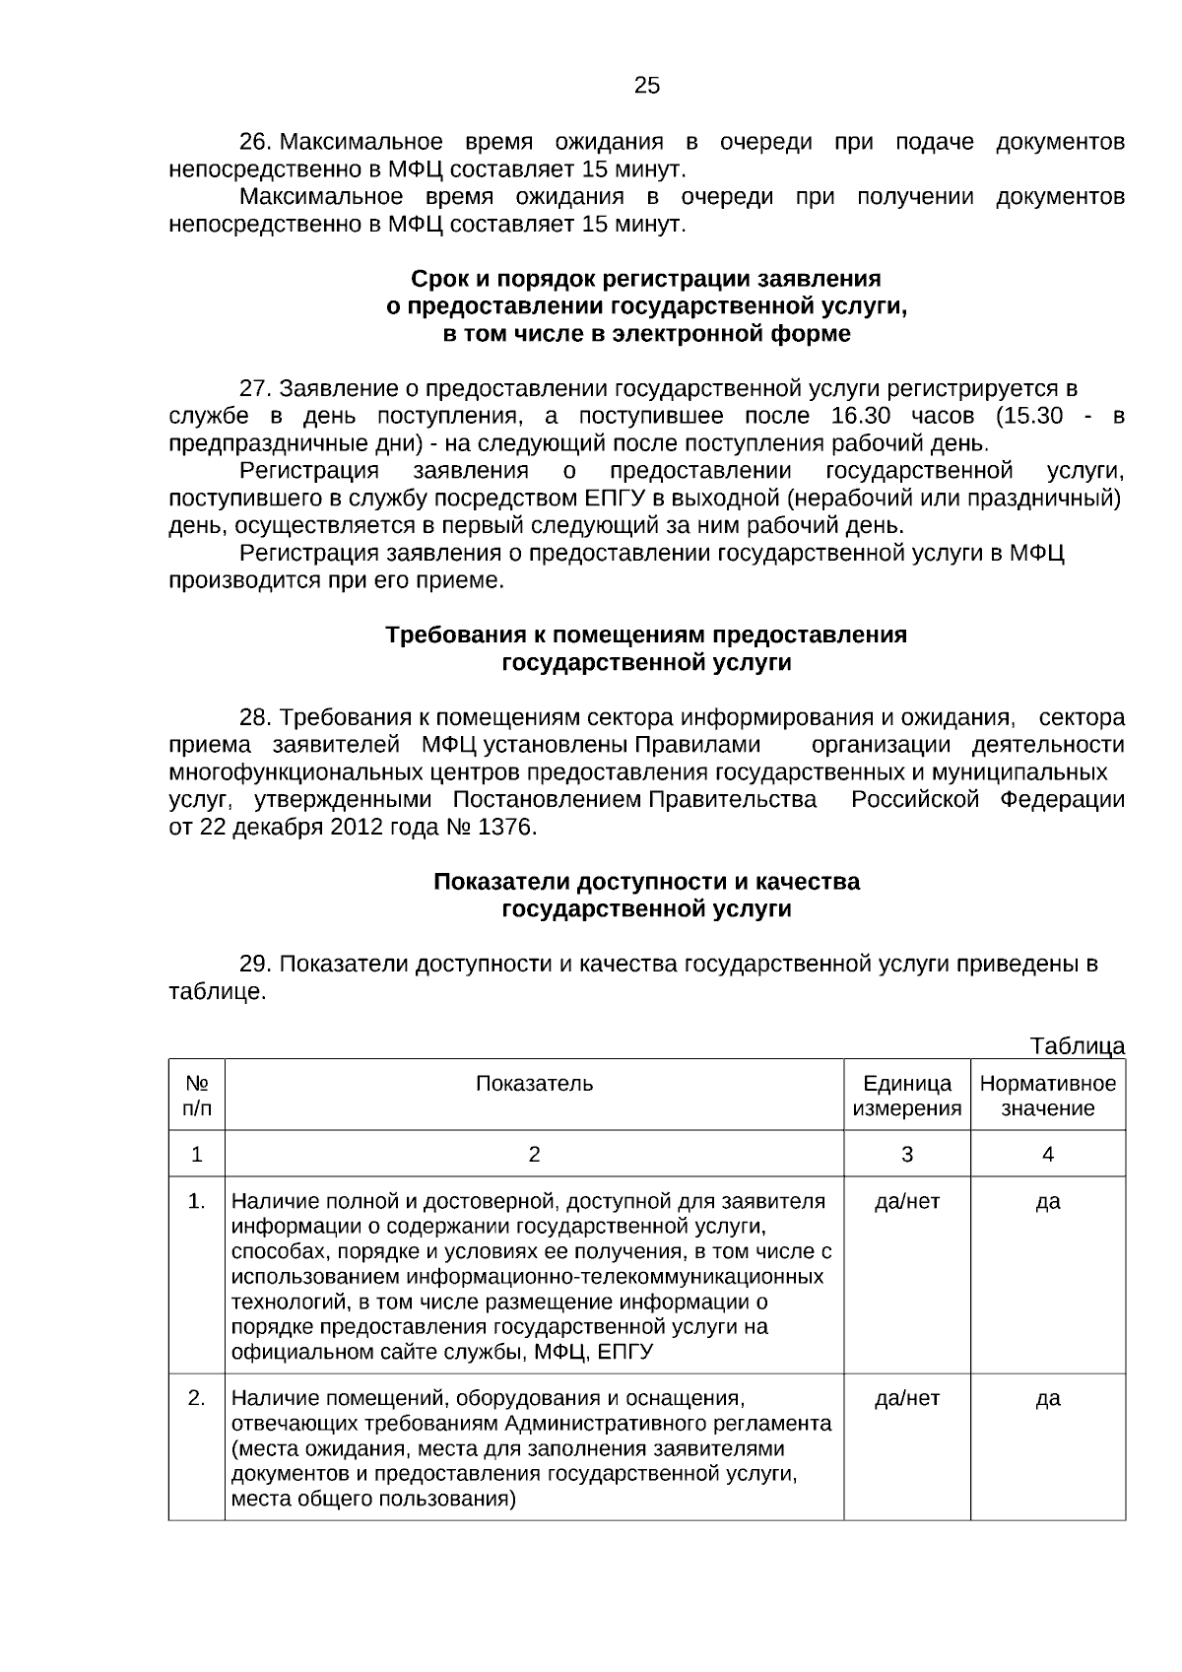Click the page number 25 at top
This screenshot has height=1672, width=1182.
click(646, 86)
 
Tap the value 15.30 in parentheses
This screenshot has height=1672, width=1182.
click(1030, 416)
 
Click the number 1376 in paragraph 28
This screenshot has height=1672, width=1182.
click(505, 827)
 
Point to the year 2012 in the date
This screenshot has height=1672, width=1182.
click(358, 827)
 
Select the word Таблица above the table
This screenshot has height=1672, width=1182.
click(1077, 1045)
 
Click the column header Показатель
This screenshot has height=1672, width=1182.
click(534, 1084)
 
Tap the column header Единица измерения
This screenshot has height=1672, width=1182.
click(906, 1096)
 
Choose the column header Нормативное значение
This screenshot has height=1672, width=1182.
click(1047, 1096)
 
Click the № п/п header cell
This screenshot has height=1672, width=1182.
click(197, 1096)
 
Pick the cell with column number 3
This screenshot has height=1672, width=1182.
click(906, 1154)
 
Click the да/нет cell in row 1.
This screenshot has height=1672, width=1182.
click(906, 1201)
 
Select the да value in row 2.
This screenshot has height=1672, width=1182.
click(1047, 1398)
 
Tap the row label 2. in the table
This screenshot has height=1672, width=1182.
click(197, 1398)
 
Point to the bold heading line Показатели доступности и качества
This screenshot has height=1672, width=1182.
click(646, 881)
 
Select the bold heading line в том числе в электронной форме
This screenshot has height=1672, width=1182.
click(646, 334)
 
